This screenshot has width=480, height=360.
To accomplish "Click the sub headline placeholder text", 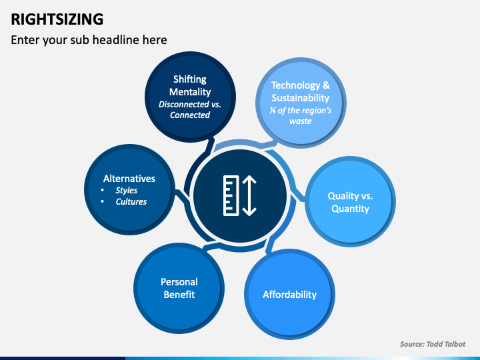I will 89,40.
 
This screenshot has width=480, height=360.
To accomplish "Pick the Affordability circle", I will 289,294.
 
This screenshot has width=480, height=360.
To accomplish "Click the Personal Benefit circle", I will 179,289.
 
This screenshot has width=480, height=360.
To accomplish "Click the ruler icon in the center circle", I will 231,195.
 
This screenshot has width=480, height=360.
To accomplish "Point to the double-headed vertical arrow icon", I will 249,195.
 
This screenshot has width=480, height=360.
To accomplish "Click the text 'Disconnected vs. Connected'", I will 189,109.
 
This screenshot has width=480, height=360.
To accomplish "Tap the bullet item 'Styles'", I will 127,190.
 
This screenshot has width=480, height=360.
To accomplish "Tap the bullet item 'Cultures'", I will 131,201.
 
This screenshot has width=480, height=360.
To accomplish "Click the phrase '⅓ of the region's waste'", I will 300,116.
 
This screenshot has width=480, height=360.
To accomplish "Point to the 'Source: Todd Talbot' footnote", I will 432,344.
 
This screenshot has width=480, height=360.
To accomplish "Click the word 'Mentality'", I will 189,92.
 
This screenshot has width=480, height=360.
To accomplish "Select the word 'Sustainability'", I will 300,98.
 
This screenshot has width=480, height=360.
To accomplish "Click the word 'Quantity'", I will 350,208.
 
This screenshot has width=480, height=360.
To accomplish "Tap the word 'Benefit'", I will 179,294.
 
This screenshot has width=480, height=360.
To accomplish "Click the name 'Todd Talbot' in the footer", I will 447,344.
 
